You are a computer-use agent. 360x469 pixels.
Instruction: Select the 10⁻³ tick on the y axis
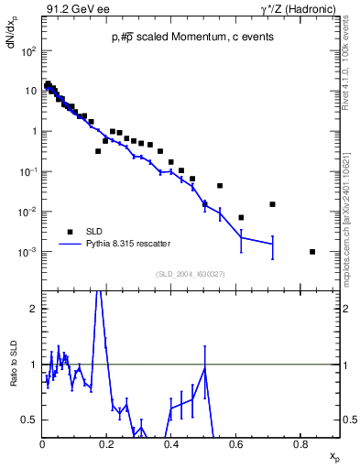pyautogui.click(x=28, y=252)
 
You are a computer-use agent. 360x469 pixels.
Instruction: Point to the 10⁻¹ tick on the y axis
pyautogui.click(x=28, y=171)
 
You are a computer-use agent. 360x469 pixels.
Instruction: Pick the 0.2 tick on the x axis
pyautogui.click(x=107, y=444)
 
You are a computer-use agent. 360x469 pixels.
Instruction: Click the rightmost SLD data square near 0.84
pyautogui.click(x=313, y=252)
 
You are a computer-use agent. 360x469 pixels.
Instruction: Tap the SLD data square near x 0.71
pyautogui.click(x=272, y=204)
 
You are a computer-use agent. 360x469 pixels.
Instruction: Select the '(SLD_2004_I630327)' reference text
pyautogui.click(x=190, y=274)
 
